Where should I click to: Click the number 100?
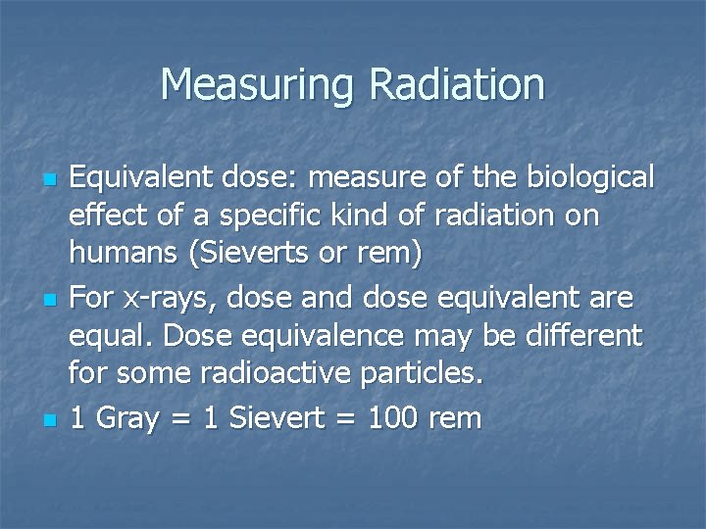pos(396,418)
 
